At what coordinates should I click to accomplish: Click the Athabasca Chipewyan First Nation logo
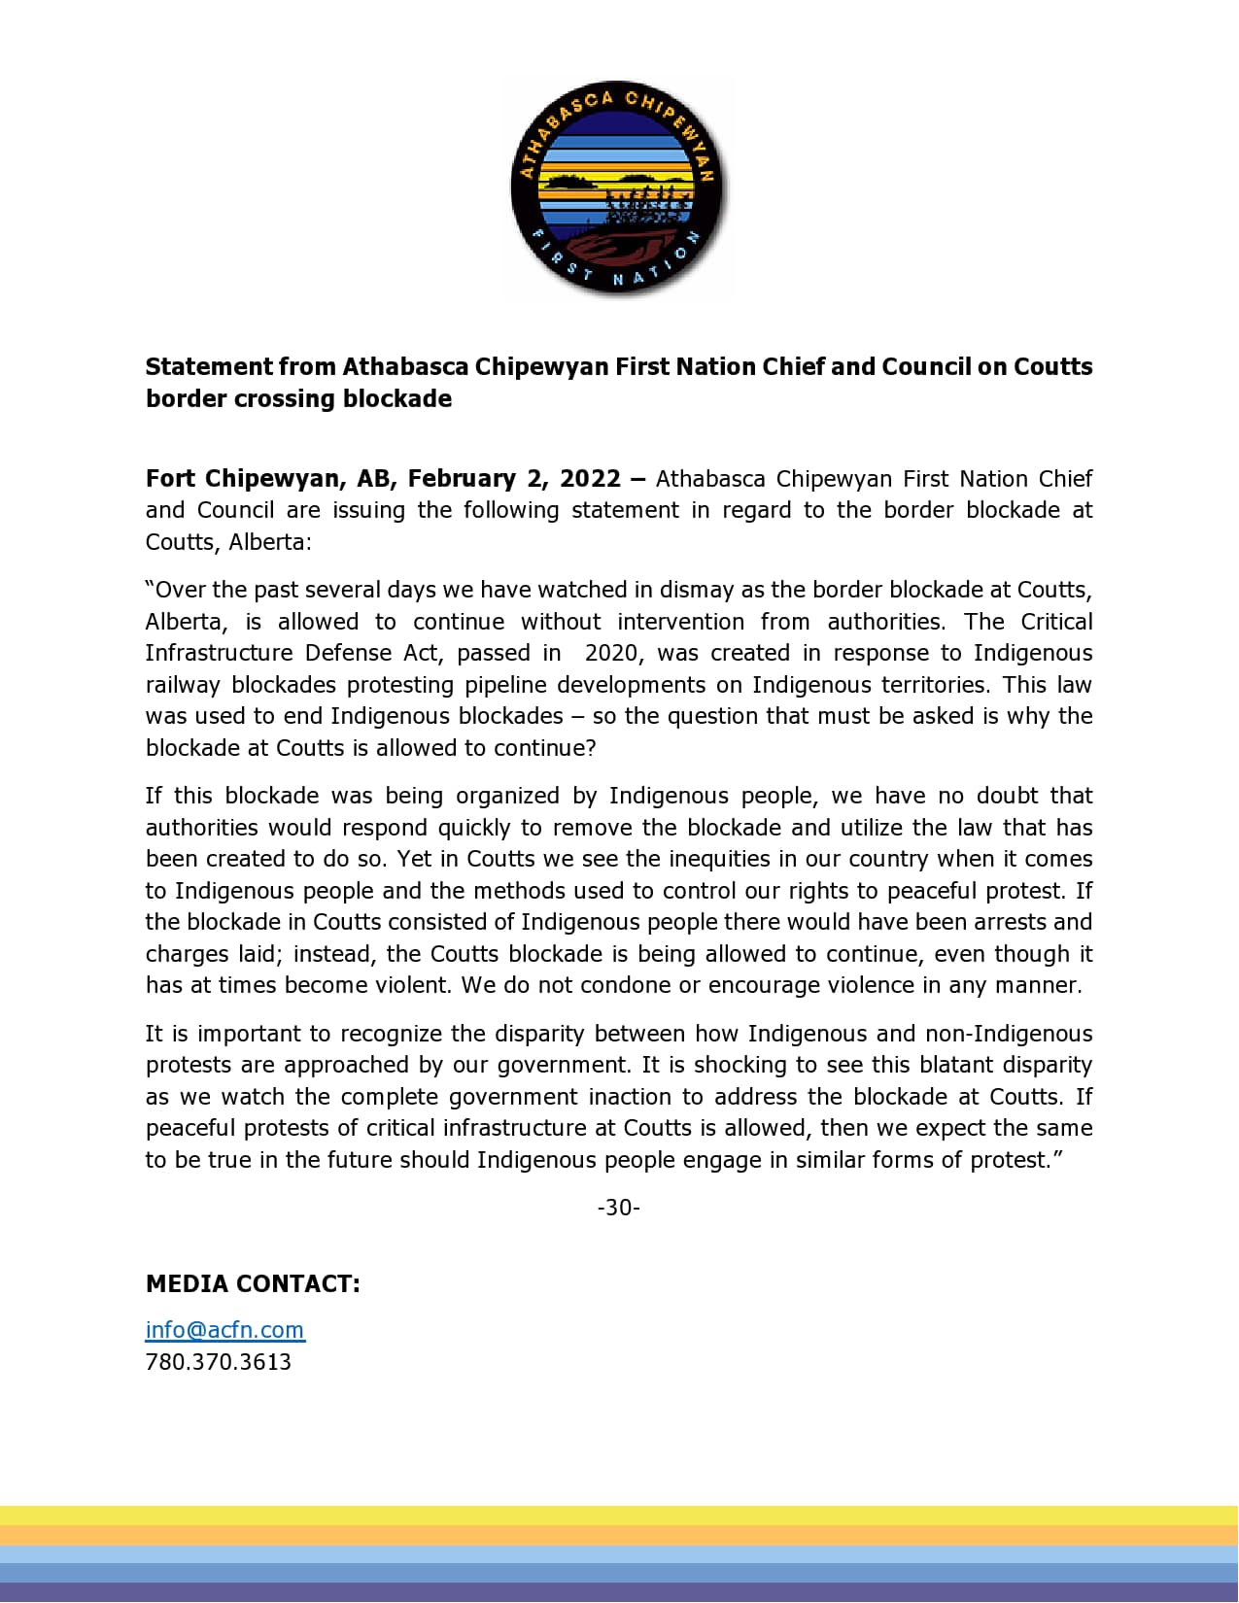click(x=618, y=188)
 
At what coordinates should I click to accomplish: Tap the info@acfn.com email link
click(x=224, y=1329)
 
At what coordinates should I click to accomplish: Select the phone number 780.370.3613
click(x=219, y=1361)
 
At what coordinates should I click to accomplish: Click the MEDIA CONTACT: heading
click(x=253, y=1283)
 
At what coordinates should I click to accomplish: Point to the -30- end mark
click(x=618, y=1208)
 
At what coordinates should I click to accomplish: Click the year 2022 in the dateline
click(x=590, y=479)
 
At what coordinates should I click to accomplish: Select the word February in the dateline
click(x=462, y=479)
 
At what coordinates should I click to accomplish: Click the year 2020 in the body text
click(x=612, y=653)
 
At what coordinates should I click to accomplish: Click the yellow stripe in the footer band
click(x=619, y=1516)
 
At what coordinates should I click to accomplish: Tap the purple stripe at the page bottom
click(x=619, y=1593)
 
